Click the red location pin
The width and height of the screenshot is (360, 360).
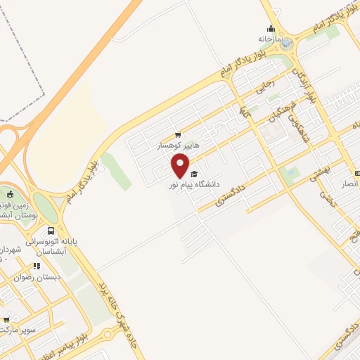pos(181,166)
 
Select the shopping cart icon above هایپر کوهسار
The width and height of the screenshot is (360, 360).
pos(178,134)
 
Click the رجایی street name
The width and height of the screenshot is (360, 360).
pos(262,89)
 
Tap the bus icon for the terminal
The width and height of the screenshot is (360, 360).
pos(51,230)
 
